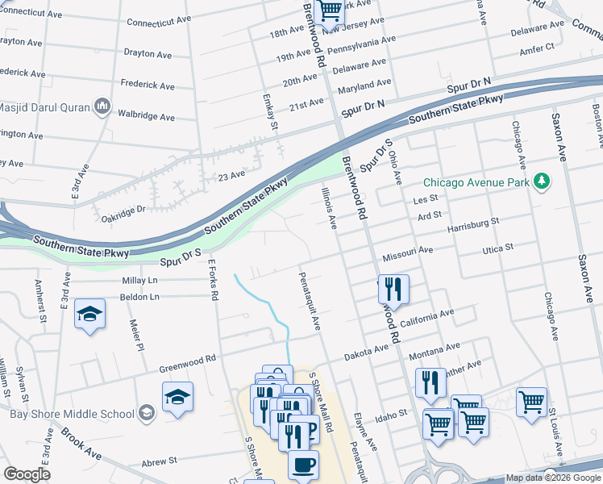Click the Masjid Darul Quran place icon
click(102, 106)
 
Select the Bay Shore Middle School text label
click(72, 414)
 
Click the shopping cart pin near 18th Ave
click(330, 11)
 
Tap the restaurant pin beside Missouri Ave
click(393, 288)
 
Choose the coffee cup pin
click(303, 465)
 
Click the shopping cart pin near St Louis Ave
click(531, 402)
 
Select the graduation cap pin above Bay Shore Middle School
click(177, 397)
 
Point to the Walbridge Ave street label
click(148, 118)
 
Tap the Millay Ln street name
click(139, 280)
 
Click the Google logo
click(27, 474)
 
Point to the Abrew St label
click(159, 461)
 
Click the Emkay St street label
click(271, 112)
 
